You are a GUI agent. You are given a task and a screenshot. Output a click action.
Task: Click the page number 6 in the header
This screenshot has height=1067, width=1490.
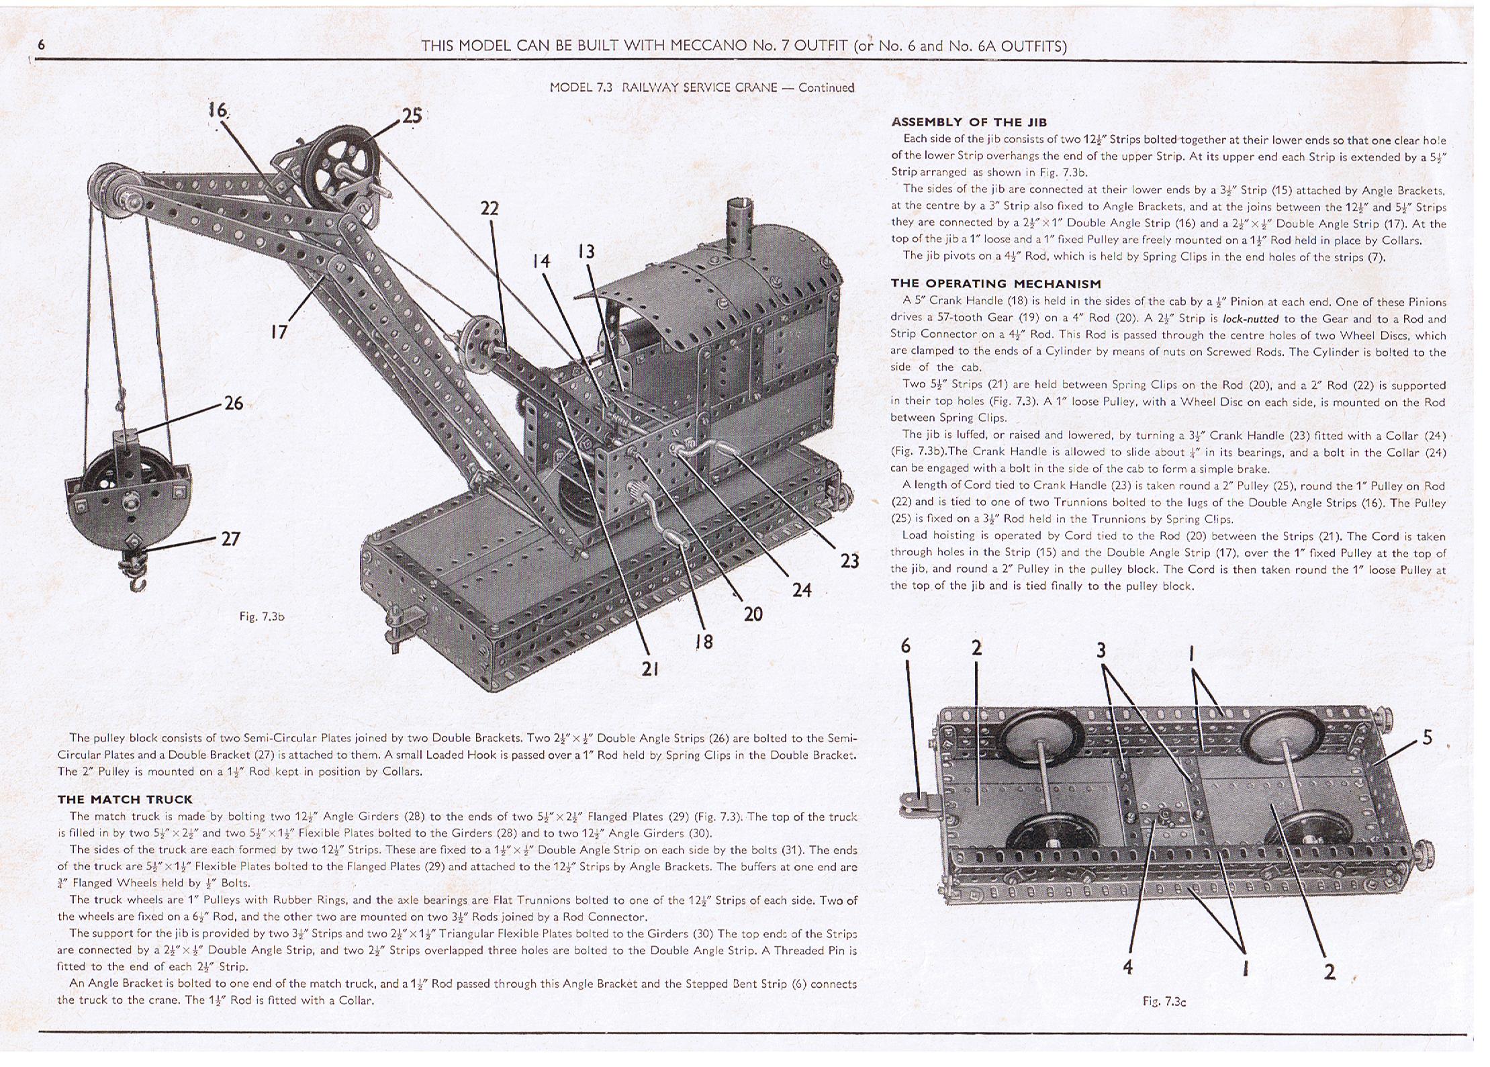42,45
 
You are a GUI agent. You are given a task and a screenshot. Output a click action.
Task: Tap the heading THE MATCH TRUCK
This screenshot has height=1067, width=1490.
125,799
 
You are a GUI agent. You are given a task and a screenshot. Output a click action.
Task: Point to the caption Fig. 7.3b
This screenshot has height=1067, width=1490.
262,616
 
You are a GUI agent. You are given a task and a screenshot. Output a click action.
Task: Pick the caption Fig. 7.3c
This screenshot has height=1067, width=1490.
1164,1001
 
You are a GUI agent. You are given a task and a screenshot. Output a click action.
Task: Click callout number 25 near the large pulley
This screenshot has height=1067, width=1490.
411,115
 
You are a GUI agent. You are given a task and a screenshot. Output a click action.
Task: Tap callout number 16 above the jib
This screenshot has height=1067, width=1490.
218,110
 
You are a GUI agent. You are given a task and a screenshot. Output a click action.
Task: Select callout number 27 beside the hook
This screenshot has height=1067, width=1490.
230,539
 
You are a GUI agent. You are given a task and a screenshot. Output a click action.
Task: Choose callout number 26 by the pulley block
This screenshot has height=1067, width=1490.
233,403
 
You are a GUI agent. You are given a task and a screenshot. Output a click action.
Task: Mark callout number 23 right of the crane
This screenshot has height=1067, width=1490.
849,561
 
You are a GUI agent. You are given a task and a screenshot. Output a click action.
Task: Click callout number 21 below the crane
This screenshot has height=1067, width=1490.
649,669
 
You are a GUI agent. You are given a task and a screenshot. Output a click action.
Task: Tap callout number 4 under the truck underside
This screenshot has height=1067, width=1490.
1127,966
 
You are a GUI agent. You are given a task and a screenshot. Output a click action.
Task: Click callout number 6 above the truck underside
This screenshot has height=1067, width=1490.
906,646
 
